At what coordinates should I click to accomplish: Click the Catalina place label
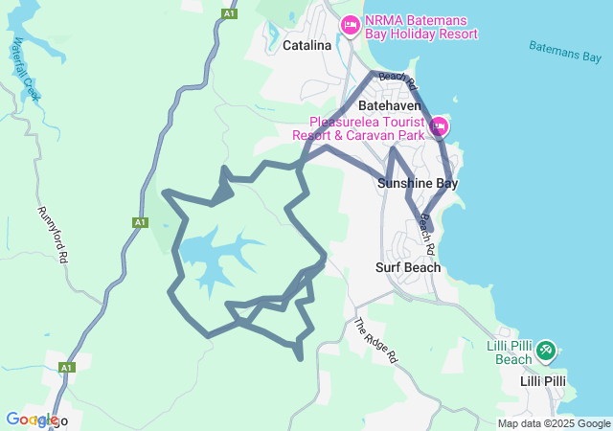coord(306,45)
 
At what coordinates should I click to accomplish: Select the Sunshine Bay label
coord(417,183)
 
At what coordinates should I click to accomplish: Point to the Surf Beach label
coord(408,267)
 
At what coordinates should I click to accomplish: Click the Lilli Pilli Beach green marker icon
coord(545,351)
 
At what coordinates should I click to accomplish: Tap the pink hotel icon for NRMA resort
coord(350,23)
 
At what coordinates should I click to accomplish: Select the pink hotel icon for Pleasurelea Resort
coord(440,126)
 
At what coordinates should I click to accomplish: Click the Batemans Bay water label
coord(564,51)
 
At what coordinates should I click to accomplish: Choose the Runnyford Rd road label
coord(53,234)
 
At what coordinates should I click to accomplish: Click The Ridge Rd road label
coord(375,339)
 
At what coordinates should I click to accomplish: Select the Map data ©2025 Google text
coord(554,423)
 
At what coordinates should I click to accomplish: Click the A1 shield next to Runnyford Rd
coord(140,222)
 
